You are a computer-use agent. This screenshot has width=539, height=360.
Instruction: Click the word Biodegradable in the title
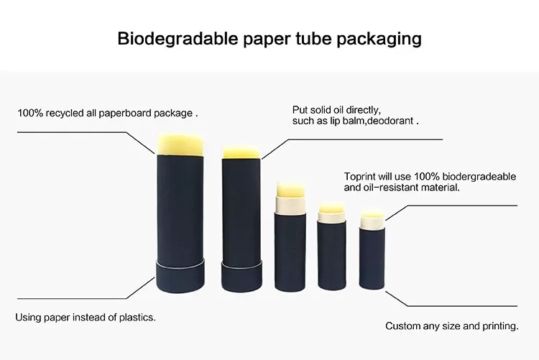coord(178,38)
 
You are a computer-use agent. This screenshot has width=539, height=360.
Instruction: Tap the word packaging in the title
coord(379,40)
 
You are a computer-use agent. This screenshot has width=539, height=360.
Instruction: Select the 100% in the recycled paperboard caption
coord(30,113)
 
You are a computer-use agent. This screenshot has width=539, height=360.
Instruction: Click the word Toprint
coord(359,177)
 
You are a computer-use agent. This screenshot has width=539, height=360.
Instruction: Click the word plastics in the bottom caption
coord(137,318)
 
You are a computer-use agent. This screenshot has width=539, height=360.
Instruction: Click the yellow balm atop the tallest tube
coord(180,144)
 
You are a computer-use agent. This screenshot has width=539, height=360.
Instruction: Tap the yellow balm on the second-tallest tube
coord(241,152)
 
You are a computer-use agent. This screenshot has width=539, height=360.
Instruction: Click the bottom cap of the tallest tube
coord(180,276)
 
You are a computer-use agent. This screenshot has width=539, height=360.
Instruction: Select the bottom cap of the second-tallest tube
coord(241,277)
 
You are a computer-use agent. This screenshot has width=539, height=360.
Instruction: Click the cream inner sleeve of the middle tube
coord(290,205)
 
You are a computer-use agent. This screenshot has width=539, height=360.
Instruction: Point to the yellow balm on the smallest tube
coord(372,216)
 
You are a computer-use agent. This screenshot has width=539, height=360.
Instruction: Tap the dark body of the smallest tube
coord(372,257)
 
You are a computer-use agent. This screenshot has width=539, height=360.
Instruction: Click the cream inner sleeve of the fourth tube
coord(331,216)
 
